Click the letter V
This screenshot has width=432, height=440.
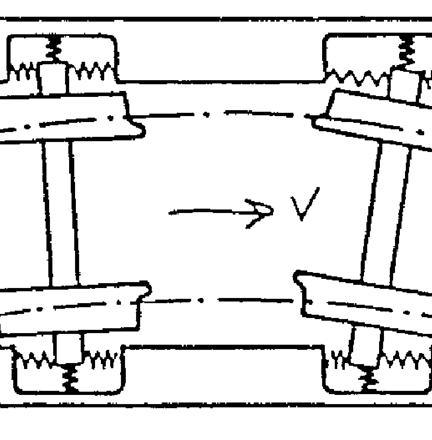pos(305,204)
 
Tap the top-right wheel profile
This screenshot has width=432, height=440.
pos(373,119)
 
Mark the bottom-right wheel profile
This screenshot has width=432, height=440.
pos(364,302)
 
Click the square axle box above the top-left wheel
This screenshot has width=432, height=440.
pos(53,78)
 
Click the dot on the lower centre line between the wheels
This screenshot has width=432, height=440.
pos(201,300)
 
